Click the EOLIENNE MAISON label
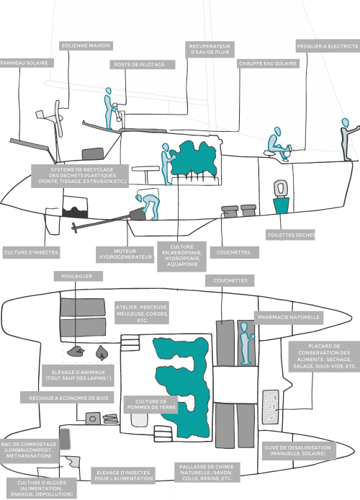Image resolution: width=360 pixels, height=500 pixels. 86,45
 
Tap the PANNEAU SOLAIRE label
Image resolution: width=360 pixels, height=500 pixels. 25,63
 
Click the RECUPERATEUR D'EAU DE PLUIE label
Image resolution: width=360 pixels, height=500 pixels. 210,49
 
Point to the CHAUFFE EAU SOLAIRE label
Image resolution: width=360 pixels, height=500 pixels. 268,63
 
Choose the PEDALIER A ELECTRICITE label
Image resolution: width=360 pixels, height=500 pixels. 328,46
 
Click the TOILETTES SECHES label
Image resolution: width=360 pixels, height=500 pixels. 291,235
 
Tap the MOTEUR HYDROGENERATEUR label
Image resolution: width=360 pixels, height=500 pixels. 125,254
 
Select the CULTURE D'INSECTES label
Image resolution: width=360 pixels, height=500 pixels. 31,252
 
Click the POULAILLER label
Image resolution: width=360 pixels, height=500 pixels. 78,276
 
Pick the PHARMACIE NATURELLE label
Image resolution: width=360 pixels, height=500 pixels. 289,318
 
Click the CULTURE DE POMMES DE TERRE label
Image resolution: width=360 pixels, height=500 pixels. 151,404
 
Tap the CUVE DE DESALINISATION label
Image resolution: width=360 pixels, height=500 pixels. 298,450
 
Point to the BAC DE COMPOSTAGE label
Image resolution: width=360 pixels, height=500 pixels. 29,450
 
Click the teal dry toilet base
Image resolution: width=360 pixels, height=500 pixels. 281,205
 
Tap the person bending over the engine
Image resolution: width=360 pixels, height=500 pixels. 148,205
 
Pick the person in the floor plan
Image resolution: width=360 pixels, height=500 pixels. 246,343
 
